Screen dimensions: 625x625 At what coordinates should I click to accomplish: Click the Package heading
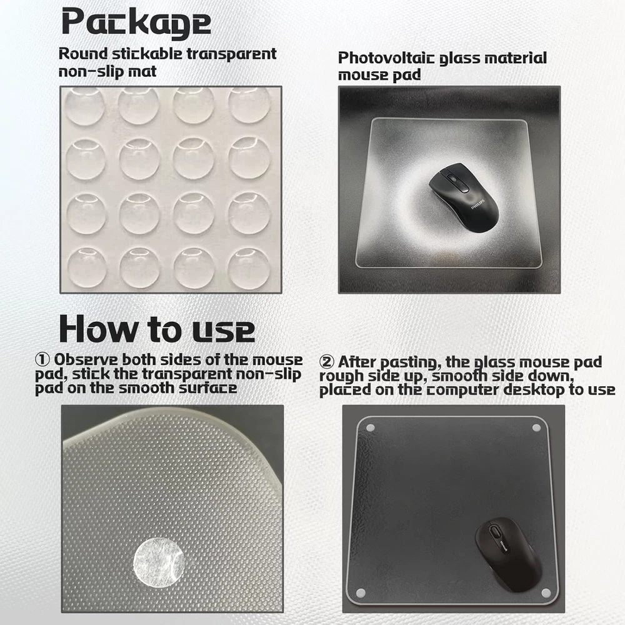pos(136,22)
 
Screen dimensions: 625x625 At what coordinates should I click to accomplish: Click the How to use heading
pos(157,329)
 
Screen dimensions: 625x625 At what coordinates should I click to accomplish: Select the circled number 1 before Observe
pos(42,359)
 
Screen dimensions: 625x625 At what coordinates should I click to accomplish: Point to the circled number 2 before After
pos(326,362)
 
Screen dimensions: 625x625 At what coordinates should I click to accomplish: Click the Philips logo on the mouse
pos(477,204)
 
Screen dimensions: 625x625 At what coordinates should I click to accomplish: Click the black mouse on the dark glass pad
pos(508,554)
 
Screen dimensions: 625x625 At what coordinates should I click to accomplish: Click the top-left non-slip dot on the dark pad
pos(370,429)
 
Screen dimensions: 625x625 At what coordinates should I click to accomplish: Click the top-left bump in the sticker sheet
pos(84,106)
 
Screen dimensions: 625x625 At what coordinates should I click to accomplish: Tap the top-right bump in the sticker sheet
pos(249,104)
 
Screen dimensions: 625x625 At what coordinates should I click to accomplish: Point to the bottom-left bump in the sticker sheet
pos(87,267)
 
